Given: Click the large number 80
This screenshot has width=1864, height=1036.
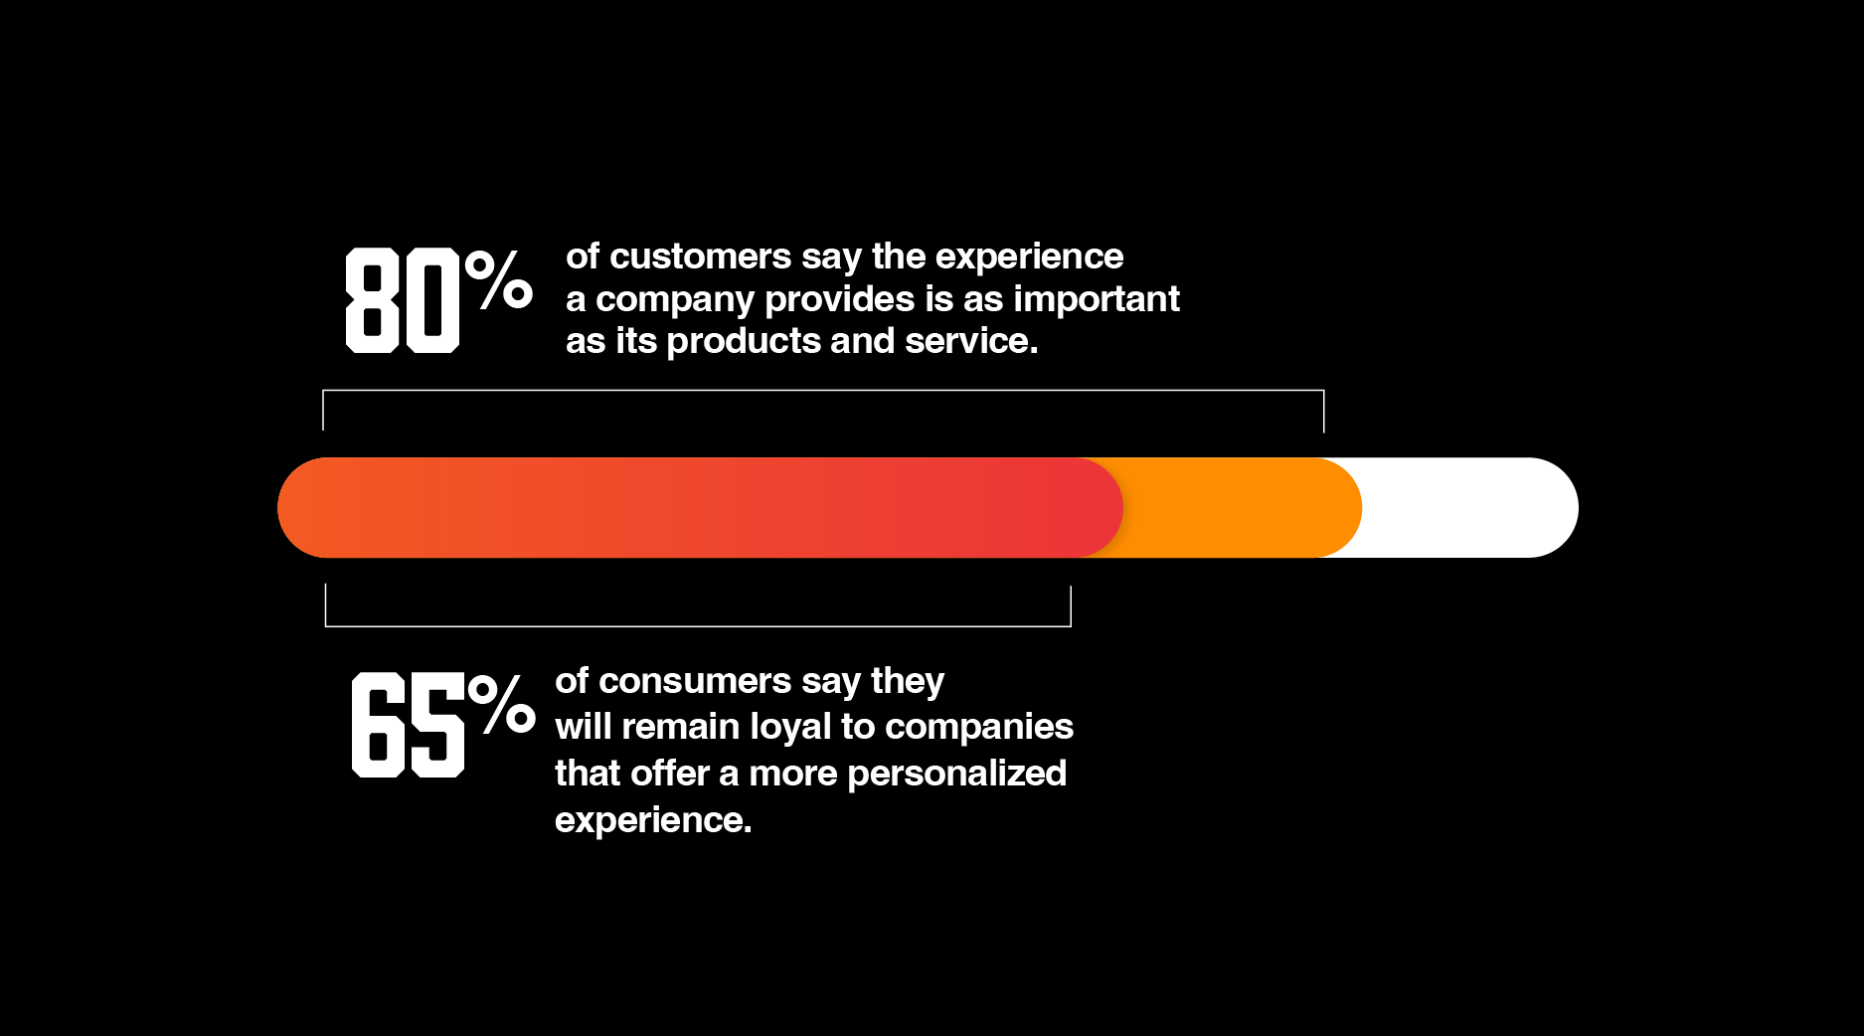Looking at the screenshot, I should coord(402,300).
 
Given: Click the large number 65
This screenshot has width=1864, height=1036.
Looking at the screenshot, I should coord(408,724).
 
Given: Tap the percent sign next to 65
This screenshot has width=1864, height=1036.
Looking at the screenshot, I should coord(502,704).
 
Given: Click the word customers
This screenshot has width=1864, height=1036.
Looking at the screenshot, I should coord(700,257).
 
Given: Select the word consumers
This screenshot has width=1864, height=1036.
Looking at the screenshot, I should coord(695,681).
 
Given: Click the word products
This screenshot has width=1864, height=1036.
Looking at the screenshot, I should coord(744,341).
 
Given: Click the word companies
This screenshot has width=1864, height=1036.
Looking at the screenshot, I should coord(979,727).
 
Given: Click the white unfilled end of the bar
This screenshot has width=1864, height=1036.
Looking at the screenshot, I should coord(1471,507).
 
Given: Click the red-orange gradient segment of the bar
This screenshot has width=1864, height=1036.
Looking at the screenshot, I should coord(696,507).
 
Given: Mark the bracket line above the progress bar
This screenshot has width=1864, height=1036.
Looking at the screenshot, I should coord(823,391).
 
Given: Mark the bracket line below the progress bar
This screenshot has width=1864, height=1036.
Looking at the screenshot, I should coord(698,625).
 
